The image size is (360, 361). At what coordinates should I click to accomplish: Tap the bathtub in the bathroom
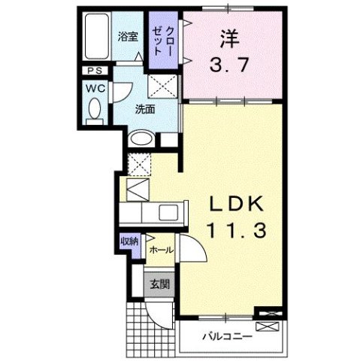coord(96,38)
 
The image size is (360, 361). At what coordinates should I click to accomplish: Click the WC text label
coord(95,88)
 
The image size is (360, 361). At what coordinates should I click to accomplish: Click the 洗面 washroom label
coord(145,108)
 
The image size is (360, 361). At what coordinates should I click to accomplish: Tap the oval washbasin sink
coord(142,138)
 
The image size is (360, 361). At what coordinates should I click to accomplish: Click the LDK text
coord(231,205)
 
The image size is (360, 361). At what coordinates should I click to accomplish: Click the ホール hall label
coord(162,250)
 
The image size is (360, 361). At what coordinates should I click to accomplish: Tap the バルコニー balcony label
coord(226,335)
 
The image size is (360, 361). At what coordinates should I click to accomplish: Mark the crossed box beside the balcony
coord(268,326)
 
